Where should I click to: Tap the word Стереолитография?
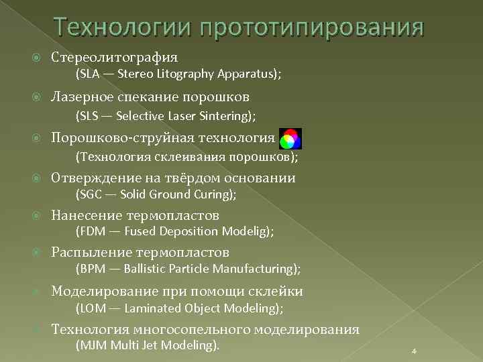pyautogui.click(x=115, y=58)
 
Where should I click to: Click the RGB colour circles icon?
pyautogui.click(x=290, y=139)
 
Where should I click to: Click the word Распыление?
pyautogui.click(x=93, y=253)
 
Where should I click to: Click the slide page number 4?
pyautogui.click(x=414, y=351)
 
